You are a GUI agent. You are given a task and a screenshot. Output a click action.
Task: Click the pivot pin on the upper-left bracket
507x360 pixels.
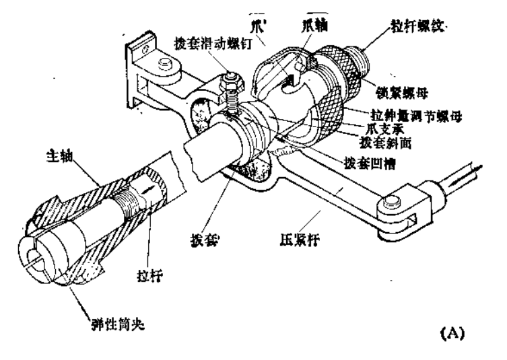(x=164, y=65)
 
